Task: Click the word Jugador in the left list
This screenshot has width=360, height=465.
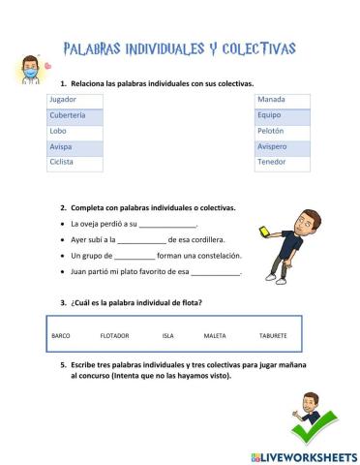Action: click(x=63, y=100)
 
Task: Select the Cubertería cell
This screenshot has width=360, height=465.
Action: click(x=68, y=115)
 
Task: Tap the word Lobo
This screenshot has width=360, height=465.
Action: click(x=59, y=131)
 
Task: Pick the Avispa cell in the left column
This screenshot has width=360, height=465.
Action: click(x=61, y=146)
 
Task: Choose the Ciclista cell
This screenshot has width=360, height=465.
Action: click(x=63, y=162)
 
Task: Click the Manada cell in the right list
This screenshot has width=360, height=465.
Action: click(x=272, y=100)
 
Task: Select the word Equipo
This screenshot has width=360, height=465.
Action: click(x=270, y=115)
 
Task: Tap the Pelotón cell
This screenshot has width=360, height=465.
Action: click(x=272, y=131)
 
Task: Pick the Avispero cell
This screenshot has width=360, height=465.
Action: click(x=273, y=146)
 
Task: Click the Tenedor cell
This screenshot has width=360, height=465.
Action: click(x=273, y=162)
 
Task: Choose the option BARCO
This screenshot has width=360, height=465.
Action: click(x=61, y=335)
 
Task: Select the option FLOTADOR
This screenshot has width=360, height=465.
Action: click(x=114, y=335)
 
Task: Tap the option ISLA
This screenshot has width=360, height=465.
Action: click(x=167, y=335)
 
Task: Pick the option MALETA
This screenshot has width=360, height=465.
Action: click(x=215, y=335)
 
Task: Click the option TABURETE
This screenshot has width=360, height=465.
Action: click(x=273, y=335)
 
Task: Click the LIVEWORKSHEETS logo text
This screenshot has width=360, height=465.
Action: click(x=308, y=455)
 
